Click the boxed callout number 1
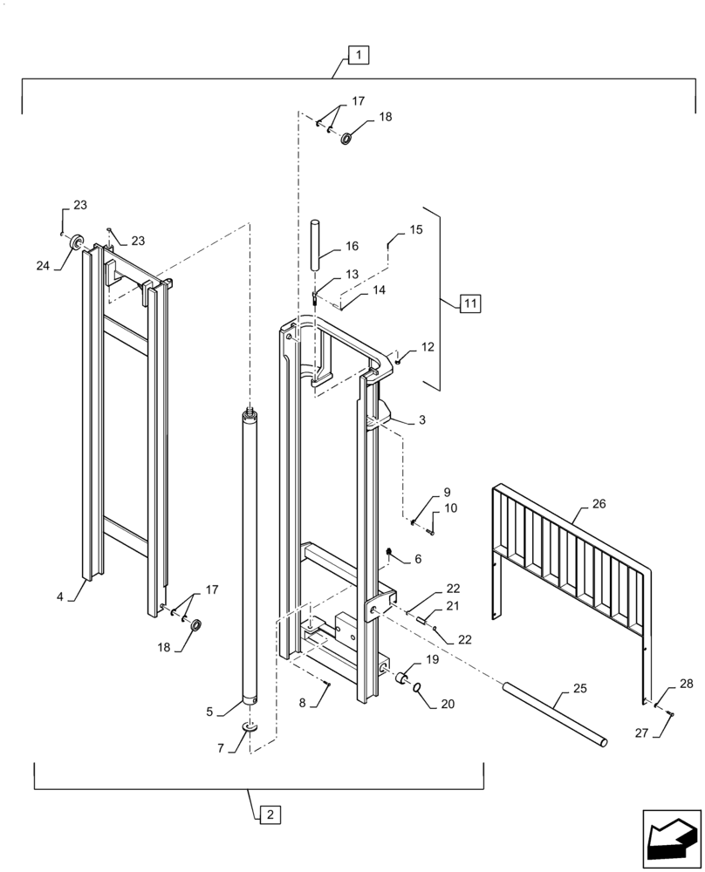[359, 55]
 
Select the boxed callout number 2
[270, 814]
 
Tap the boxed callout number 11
[469, 303]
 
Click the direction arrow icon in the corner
[671, 838]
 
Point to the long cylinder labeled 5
[250, 558]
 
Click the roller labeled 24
[76, 242]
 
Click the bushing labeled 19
[404, 678]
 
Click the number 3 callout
[421, 420]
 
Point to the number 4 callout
[60, 597]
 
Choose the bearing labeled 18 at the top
[346, 138]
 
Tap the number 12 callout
[427, 347]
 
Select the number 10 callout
[450, 508]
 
